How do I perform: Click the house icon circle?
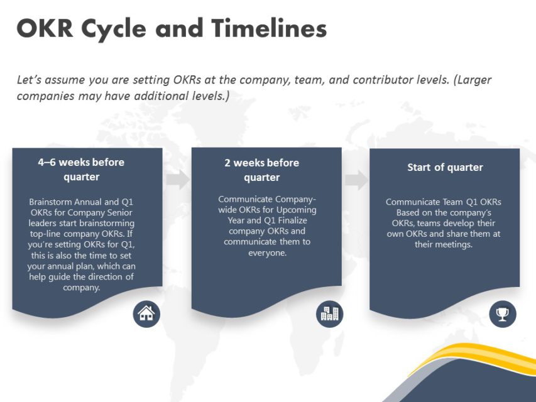click(x=146, y=313)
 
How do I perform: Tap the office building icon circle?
click(x=329, y=313)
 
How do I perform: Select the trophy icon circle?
click(x=502, y=313)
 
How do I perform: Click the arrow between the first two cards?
click(x=178, y=180)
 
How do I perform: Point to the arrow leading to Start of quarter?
click(x=356, y=180)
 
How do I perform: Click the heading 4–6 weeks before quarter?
click(x=81, y=169)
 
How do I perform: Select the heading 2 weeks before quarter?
click(x=261, y=170)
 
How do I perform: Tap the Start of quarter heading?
click(x=445, y=167)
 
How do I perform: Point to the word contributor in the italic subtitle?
click(x=384, y=80)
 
